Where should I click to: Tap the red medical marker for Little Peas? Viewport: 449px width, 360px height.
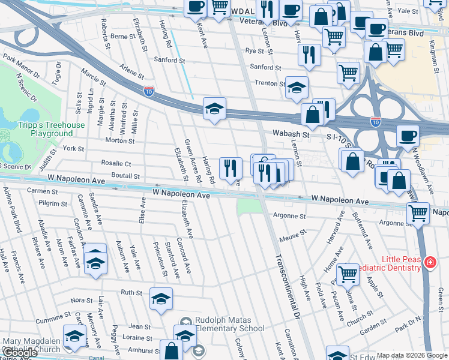[430, 262]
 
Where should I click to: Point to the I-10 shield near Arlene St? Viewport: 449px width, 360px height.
[149, 91]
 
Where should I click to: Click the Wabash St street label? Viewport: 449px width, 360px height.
[291, 135]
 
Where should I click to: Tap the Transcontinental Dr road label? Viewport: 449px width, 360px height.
[286, 286]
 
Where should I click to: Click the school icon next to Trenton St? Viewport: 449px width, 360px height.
[297, 88]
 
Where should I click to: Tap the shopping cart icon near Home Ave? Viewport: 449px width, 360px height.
[348, 274]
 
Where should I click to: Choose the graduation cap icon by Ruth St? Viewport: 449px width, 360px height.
[161, 299]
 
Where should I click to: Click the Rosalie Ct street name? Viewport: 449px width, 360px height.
[116, 163]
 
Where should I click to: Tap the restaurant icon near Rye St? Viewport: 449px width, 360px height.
[309, 55]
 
